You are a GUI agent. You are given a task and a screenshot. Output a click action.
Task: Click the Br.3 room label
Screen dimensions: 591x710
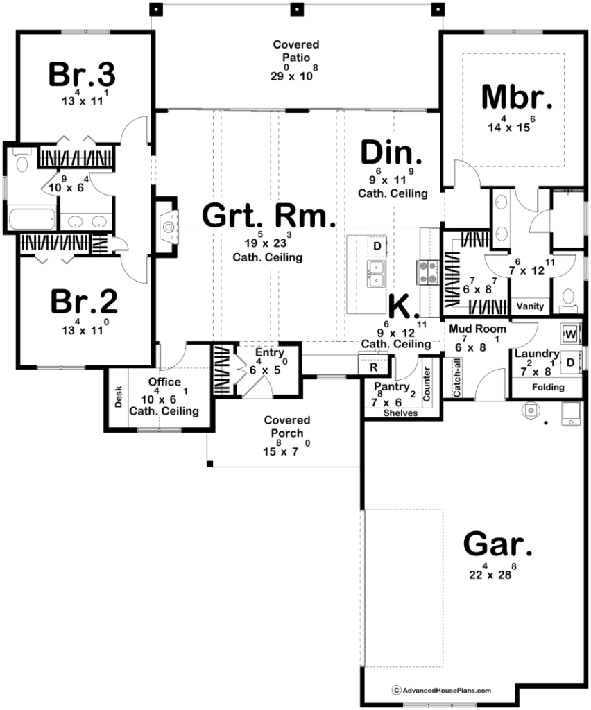point(82,74)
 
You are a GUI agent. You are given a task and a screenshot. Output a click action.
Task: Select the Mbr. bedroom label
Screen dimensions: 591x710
point(517,97)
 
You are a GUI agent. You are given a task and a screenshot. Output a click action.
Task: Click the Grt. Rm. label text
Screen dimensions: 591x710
point(269,216)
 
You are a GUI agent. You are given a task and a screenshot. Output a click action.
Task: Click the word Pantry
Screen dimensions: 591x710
point(392,387)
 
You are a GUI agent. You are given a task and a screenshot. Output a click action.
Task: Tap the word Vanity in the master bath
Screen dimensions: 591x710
point(530,306)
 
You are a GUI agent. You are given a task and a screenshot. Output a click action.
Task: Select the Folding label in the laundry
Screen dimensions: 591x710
point(548,387)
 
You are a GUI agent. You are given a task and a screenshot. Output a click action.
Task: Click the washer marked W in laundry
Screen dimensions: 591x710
point(570,335)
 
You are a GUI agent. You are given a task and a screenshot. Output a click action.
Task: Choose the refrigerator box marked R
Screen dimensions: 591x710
point(373,366)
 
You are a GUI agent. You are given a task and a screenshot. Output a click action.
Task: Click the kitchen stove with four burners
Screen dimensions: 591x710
point(427,272)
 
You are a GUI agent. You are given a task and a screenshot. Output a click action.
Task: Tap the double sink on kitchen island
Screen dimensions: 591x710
point(377,274)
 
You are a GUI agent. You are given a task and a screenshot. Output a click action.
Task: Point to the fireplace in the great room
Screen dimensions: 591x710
point(168,227)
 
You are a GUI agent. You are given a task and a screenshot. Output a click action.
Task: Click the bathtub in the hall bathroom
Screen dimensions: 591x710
point(32,219)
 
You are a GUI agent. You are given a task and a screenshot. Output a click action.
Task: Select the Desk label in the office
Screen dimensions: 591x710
point(118,397)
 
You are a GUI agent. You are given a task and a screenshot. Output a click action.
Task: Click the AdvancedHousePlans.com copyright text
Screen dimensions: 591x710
point(442,691)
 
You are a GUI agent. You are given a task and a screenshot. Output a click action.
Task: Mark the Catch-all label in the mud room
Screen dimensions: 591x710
point(457,378)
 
